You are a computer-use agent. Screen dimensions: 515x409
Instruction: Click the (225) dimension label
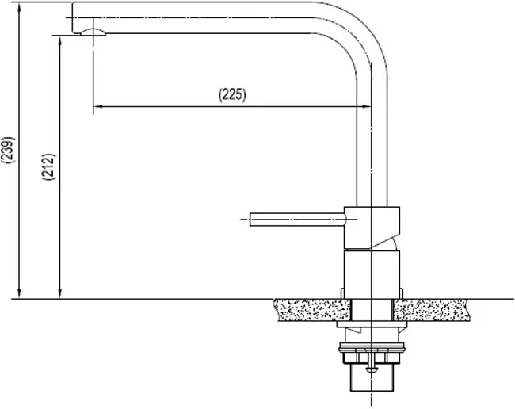(232, 95)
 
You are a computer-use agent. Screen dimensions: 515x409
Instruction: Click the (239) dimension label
(8, 150)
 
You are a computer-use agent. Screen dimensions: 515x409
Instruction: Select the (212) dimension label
(48, 167)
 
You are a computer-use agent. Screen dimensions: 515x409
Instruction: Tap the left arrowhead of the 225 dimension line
(98, 106)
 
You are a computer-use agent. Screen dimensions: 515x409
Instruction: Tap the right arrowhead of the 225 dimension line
(366, 106)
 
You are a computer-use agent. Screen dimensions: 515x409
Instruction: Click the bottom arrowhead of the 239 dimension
(19, 293)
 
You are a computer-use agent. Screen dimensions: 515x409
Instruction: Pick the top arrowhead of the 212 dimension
(59, 41)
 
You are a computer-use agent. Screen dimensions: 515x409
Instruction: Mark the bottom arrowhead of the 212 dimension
(59, 293)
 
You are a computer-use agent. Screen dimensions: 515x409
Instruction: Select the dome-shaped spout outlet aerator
(93, 32)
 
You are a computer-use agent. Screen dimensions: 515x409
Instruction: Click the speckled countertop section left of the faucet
(312, 310)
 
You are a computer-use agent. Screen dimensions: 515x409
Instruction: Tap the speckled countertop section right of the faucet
(430, 310)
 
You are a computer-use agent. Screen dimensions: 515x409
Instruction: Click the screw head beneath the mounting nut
(372, 370)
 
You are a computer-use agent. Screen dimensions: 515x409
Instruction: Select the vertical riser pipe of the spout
(372, 141)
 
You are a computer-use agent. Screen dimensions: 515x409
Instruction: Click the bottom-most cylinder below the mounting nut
(372, 378)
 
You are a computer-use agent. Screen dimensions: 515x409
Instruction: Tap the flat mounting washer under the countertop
(372, 324)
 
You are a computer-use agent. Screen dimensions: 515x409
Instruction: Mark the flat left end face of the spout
(72, 17)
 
